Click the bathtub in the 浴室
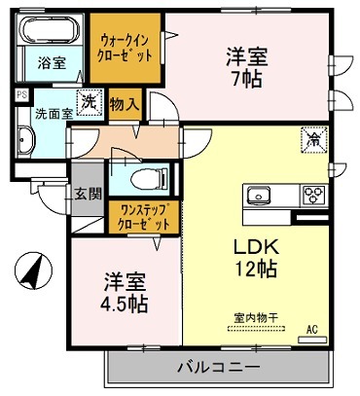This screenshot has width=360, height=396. tap(52, 31)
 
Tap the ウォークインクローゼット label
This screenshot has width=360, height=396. tap(125, 45)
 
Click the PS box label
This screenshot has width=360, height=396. tap(21, 94)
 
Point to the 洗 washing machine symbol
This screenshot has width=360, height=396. tap(88, 101)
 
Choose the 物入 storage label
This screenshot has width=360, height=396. tap(124, 101)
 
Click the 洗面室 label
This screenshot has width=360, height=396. tap(46, 113)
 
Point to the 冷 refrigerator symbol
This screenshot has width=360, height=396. tap(315, 140)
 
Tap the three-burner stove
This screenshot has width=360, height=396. tap(313, 192)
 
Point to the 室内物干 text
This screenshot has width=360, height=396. tap(255, 316)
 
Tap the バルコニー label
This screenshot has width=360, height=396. tap(218, 368)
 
